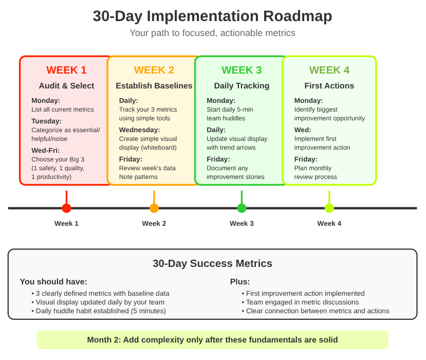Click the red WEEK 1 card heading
click(66, 70)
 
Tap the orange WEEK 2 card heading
click(154, 70)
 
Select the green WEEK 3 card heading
click(242, 70)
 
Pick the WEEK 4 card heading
click(329, 70)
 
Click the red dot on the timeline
click(66, 208)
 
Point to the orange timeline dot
click(154, 208)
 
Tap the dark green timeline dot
click(242, 208)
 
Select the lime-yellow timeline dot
click(329, 208)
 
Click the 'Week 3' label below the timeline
click(242, 223)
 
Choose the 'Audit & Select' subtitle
click(66, 86)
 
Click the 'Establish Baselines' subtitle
click(154, 86)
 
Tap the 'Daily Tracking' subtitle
click(242, 86)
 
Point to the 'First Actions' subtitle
click(329, 86)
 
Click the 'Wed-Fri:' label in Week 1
click(46, 150)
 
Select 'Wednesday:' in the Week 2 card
click(139, 130)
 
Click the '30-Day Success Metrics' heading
click(212, 264)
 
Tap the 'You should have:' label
click(53, 281)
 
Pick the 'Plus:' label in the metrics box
click(240, 281)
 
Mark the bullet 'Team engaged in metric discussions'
click(302, 302)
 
